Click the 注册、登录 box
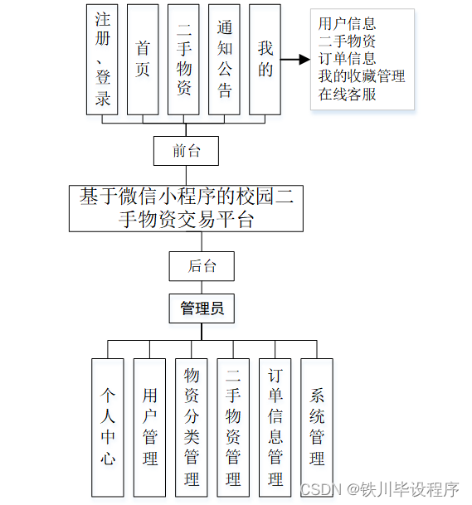[102, 59]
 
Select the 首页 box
[143, 59]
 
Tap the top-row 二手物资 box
[184, 59]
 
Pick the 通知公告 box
[225, 59]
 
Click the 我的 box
[265, 59]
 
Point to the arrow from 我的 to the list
[292, 60]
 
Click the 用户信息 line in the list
[347, 24]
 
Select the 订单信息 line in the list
[347, 59]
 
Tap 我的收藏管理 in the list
[362, 76]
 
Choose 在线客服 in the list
[347, 94]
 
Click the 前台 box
[186, 150]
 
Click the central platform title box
[186, 207]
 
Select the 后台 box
[202, 266]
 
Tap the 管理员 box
[202, 309]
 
